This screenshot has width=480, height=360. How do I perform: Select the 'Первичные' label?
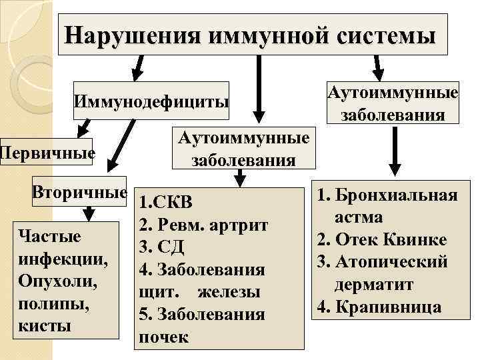click(47, 153)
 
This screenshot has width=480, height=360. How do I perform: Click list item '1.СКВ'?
click(167, 203)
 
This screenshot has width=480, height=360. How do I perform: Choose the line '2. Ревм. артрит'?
click(203, 225)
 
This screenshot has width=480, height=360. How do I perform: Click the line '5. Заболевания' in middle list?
click(201, 315)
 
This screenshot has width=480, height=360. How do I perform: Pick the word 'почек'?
click(163, 337)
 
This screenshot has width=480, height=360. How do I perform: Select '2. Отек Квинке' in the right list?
click(382, 239)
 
